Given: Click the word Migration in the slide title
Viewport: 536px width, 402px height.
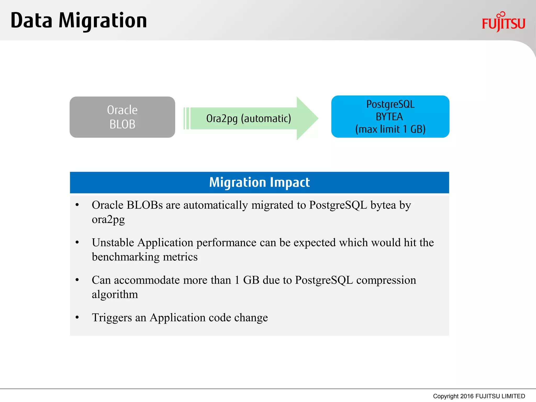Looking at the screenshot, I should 103,21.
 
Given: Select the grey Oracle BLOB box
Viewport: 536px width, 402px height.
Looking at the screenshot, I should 122,117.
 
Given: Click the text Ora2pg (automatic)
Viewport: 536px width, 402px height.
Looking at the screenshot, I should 248,119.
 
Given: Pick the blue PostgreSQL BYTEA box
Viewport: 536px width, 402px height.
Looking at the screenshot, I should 390,116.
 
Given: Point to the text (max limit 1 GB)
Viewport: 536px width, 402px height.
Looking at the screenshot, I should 390,129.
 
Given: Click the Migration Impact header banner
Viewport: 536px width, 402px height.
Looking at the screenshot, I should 259,182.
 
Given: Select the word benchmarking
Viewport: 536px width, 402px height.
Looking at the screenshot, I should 126,257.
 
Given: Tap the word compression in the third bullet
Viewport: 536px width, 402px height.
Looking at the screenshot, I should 386,280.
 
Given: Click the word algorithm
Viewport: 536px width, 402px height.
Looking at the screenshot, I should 115,294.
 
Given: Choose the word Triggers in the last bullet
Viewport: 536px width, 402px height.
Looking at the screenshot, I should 112,318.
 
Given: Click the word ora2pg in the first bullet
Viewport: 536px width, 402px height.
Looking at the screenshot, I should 108,220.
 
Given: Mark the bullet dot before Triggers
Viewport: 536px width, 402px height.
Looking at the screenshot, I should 77,317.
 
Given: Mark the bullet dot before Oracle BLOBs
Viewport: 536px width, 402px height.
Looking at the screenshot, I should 77,205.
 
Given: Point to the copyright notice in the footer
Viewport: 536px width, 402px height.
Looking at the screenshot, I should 479,396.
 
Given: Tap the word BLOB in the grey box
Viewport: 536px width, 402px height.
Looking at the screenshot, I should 122,124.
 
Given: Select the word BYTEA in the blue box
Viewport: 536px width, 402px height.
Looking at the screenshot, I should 389,117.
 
